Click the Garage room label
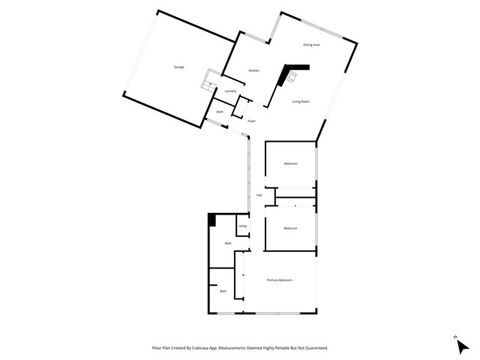click(x=179, y=67)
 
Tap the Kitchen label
click(x=254, y=70)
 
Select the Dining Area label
click(x=311, y=46)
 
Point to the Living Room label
click(x=301, y=101)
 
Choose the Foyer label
click(x=251, y=121)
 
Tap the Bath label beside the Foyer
click(x=220, y=112)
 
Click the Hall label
click(x=259, y=195)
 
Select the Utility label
click(x=243, y=226)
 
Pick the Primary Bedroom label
click(x=280, y=280)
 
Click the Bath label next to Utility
click(x=228, y=243)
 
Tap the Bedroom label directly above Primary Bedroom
click(x=290, y=228)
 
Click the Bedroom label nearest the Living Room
click(x=290, y=163)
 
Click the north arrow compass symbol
click(x=462, y=344)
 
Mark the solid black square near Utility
click(x=213, y=220)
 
